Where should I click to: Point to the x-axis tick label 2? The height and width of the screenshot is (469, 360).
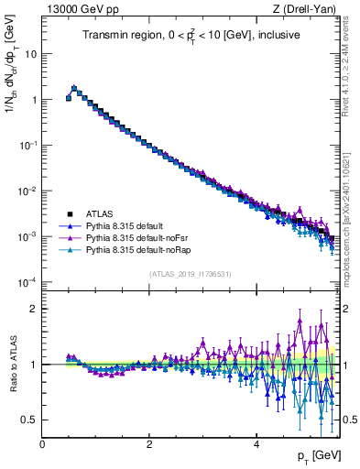point(149,443)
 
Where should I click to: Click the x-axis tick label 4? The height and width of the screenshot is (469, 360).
point(256,443)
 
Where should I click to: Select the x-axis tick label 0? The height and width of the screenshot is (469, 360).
point(42,443)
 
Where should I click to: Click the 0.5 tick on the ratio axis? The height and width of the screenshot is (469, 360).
point(29,420)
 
